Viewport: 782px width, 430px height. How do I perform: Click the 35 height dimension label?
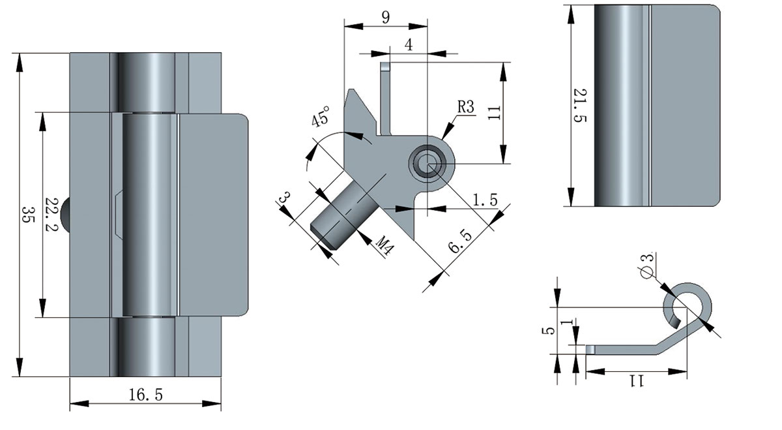(x=28, y=215)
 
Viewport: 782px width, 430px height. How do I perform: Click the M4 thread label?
(x=385, y=247)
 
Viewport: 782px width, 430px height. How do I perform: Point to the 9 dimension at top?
(x=386, y=18)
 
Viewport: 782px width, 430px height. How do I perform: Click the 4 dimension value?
(x=408, y=45)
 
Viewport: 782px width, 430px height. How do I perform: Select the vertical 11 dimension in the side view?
(x=495, y=112)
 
